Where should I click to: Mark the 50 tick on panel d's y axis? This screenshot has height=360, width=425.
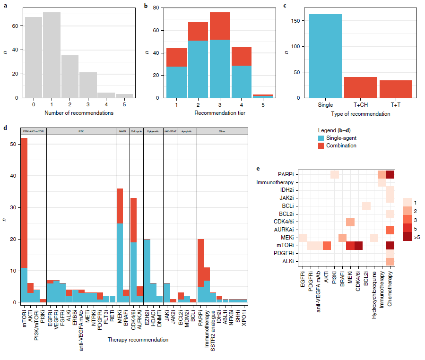13,144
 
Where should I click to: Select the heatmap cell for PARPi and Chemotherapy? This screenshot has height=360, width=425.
390,175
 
